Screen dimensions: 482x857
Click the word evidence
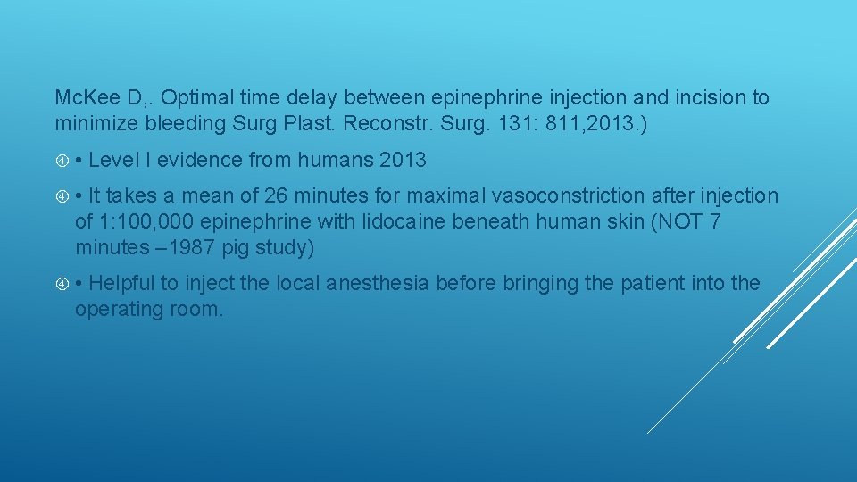coord(200,161)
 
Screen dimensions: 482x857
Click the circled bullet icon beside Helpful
coord(62,284)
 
